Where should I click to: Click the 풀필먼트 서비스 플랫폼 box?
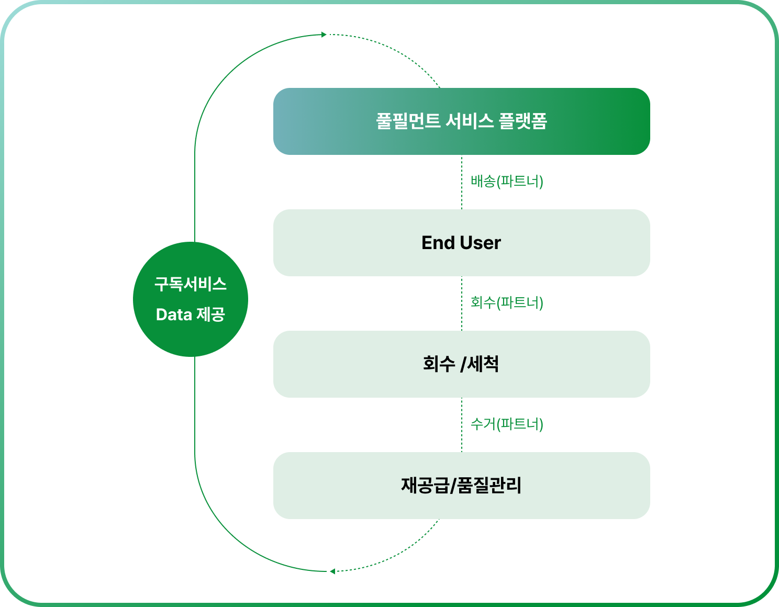tap(461, 121)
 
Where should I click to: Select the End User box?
tap(461, 243)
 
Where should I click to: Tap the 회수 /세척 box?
tap(461, 364)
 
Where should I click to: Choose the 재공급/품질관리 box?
tap(461, 486)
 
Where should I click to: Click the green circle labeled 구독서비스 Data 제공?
tap(191, 299)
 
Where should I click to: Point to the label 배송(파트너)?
tap(507, 182)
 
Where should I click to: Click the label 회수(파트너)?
tap(507, 302)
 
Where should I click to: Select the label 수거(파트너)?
tap(507, 424)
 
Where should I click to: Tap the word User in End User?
tap(481, 243)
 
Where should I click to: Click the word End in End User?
tap(438, 243)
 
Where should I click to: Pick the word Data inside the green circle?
tap(174, 314)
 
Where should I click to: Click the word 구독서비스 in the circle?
tap(191, 284)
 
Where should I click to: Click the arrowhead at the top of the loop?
tap(324, 35)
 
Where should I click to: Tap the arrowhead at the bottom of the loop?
tap(332, 571)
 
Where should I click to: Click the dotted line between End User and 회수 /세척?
tap(462, 303)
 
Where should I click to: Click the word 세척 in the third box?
tap(483, 364)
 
